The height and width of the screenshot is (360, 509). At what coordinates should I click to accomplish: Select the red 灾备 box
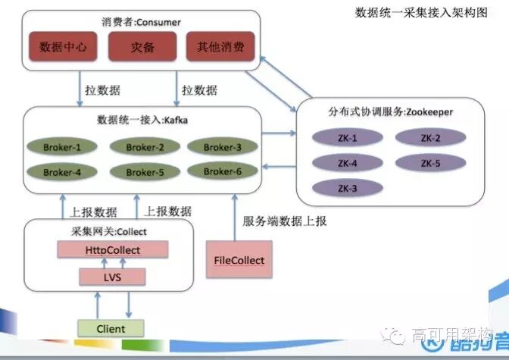[x=142, y=47]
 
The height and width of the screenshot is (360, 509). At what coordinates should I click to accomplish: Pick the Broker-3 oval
[x=223, y=146]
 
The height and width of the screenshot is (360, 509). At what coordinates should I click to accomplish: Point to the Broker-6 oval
[x=223, y=171]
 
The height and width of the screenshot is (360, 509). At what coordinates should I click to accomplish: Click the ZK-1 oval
[x=348, y=139]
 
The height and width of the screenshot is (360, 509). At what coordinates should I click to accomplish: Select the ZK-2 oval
[x=432, y=138]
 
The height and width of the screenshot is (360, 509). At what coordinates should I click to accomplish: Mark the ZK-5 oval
[x=432, y=162]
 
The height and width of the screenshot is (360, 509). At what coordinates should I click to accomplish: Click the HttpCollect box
[x=112, y=249]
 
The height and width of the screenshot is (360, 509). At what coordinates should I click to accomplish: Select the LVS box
[x=112, y=277]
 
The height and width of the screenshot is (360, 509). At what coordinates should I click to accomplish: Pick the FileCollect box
[x=239, y=260]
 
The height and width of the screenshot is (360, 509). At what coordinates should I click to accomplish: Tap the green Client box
[x=111, y=328]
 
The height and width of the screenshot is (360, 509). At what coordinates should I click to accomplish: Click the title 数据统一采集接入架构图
[x=422, y=14]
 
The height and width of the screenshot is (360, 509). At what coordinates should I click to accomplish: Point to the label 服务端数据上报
[x=285, y=221]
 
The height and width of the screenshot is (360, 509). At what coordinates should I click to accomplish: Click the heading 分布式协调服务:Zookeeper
[x=390, y=112]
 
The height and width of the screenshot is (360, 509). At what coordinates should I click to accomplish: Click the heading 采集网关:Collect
[x=104, y=231]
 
